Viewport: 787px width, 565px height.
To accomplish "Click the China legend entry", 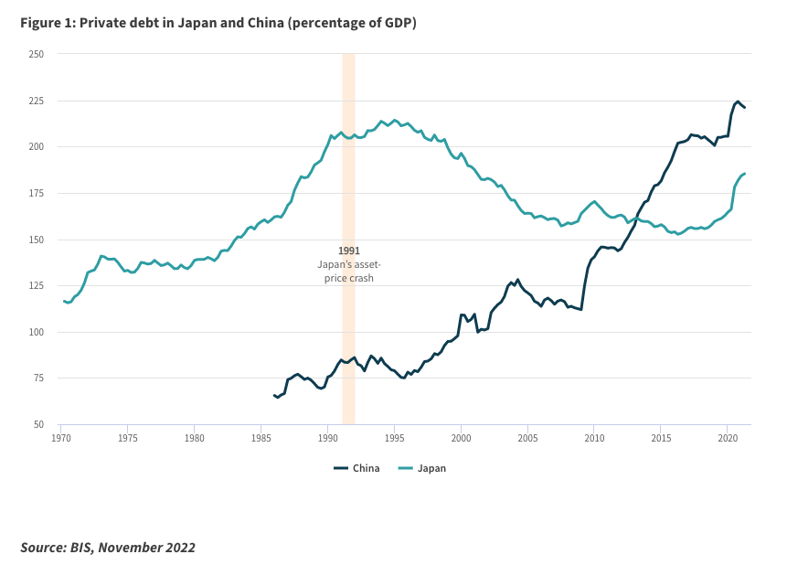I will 356,468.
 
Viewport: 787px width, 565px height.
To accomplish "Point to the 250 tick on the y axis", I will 37,54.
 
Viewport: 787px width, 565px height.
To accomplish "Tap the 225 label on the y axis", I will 37,101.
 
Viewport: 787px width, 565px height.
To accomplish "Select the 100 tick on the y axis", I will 37,332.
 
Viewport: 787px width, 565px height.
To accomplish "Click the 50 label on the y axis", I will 39,424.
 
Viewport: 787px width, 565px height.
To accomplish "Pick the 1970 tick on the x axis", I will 61,438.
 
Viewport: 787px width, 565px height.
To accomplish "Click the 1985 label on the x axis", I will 261,438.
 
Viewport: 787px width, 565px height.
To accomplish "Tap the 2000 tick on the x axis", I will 461,438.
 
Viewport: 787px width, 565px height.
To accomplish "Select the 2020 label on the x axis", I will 727,438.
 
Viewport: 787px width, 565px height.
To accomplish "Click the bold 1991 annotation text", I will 348,250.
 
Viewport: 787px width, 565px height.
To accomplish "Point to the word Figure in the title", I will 43,24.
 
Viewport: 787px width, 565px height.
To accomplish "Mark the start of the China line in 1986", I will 273,395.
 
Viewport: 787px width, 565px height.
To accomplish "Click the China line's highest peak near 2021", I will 738,101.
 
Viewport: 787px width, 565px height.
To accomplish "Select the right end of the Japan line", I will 745,173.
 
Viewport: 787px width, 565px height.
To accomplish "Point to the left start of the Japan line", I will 62,301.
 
